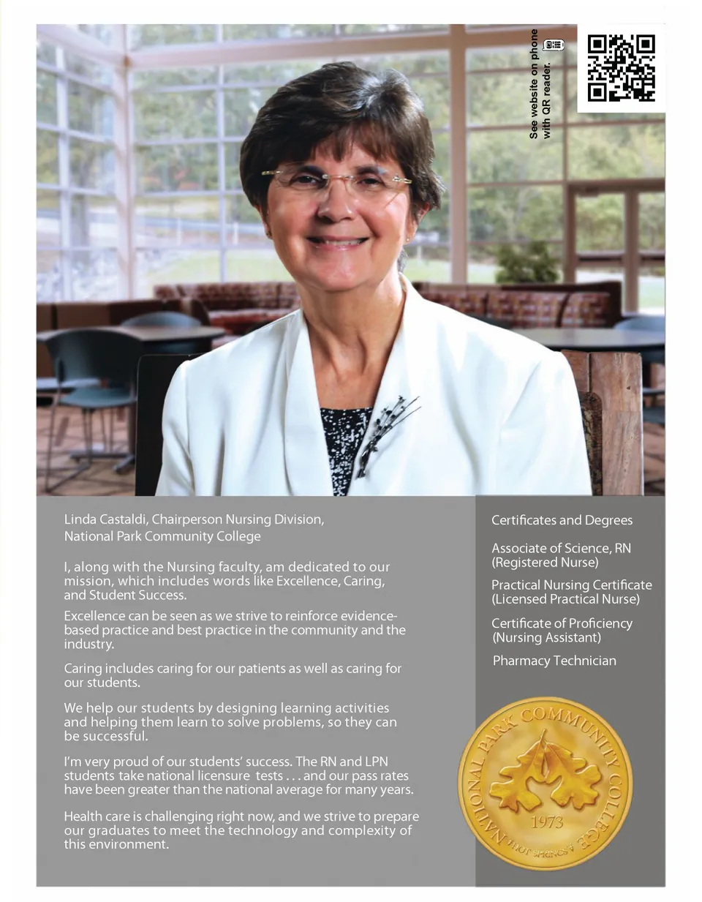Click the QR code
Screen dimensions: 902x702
(621, 68)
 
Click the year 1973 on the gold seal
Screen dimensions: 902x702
(546, 822)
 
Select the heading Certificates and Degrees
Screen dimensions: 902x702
(562, 520)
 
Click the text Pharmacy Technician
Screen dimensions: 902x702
(554, 661)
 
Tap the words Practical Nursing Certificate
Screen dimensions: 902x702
(571, 585)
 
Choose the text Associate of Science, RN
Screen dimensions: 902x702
(561, 548)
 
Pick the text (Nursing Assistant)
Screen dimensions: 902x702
(546, 637)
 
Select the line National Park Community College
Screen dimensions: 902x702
(162, 536)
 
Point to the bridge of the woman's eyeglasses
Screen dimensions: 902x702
(339, 178)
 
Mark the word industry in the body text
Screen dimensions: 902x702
(88, 644)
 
